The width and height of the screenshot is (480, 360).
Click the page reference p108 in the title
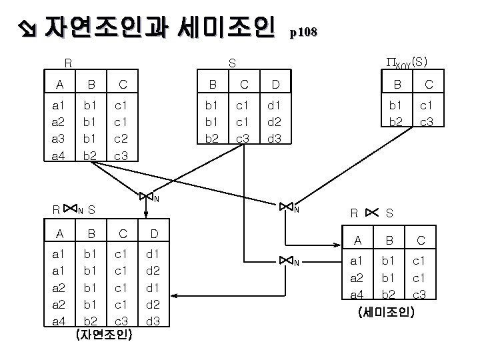pos(304,31)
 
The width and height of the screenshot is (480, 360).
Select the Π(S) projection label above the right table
pos(407,62)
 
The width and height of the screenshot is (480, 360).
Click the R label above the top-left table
pos(67,64)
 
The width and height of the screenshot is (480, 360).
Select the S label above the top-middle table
pos(232,64)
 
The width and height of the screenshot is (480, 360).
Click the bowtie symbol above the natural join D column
pos(147,196)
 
